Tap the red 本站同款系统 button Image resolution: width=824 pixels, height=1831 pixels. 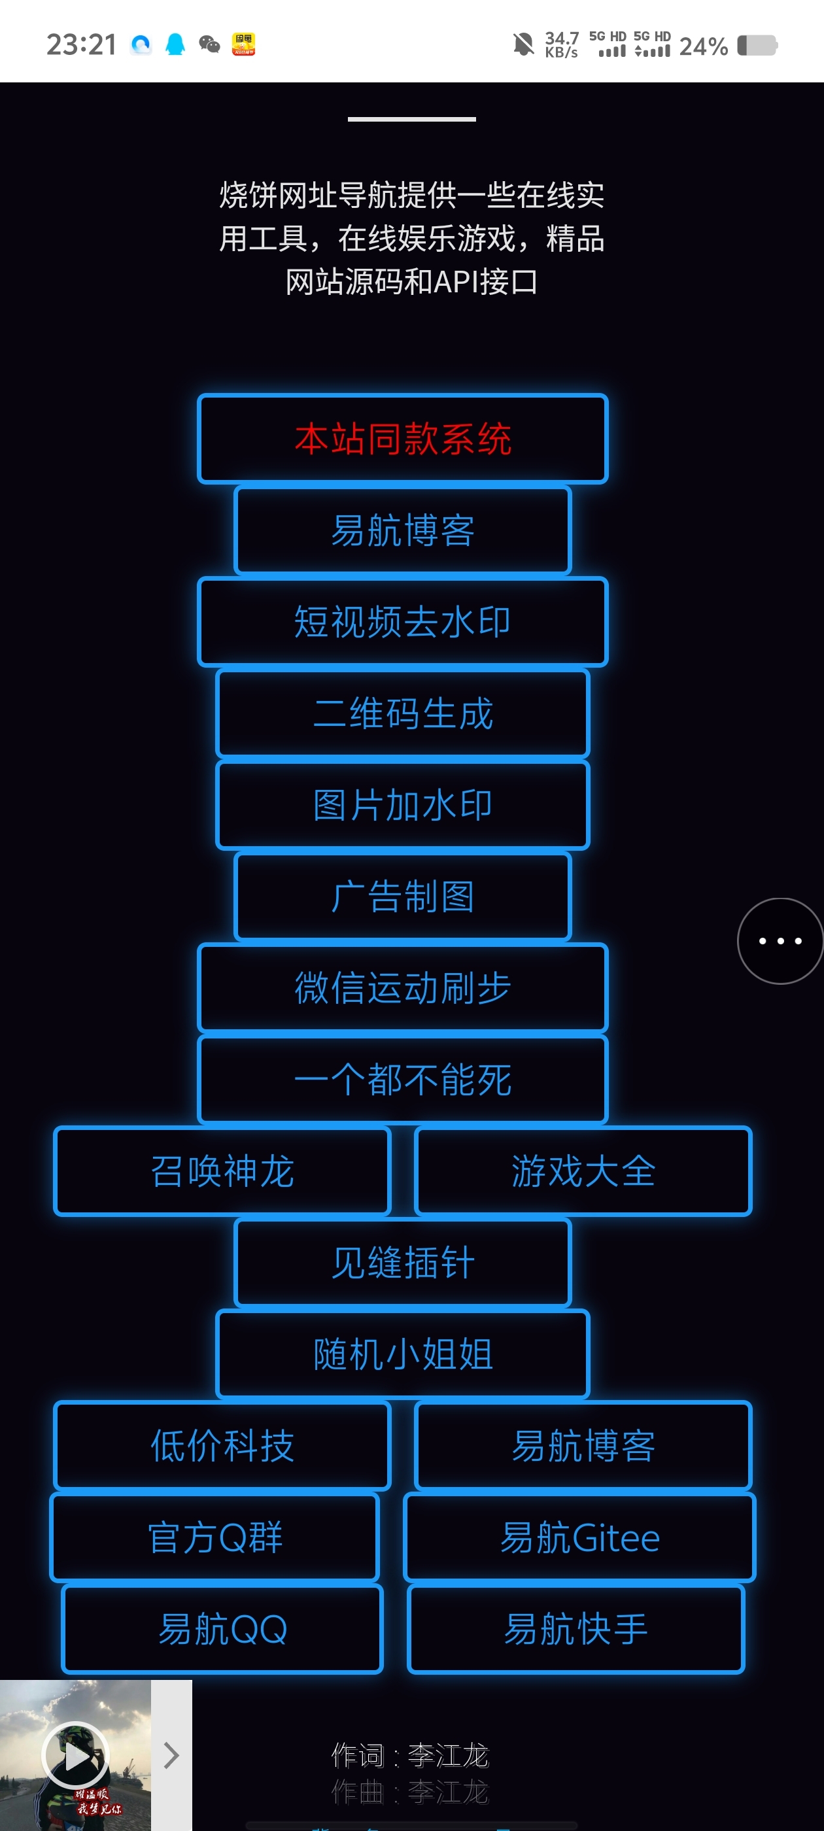coord(402,439)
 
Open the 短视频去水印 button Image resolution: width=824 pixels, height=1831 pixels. coord(402,622)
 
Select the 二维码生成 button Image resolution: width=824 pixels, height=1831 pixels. coord(402,713)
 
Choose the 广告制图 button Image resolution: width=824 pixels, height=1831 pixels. coord(402,897)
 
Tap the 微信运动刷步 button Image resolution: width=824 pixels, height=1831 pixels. coord(402,988)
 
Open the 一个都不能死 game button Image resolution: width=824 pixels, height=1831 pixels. coord(402,1080)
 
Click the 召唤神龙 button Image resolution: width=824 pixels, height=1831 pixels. coord(222,1171)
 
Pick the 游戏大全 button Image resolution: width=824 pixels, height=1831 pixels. coord(583,1171)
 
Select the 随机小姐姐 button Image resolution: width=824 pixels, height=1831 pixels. coord(402,1354)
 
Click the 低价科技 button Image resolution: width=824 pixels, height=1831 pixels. coord(222,1446)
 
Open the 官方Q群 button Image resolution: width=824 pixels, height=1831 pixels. coord(215,1537)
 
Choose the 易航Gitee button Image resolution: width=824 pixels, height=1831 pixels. coord(579,1537)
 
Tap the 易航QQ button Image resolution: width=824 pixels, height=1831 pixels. coord(222,1629)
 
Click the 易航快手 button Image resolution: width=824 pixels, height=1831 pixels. coord(576,1629)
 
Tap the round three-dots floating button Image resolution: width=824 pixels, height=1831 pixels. coord(780,941)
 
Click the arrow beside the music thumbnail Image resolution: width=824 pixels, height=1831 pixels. coord(171,1755)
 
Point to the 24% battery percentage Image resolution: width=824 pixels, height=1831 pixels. coord(703,46)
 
